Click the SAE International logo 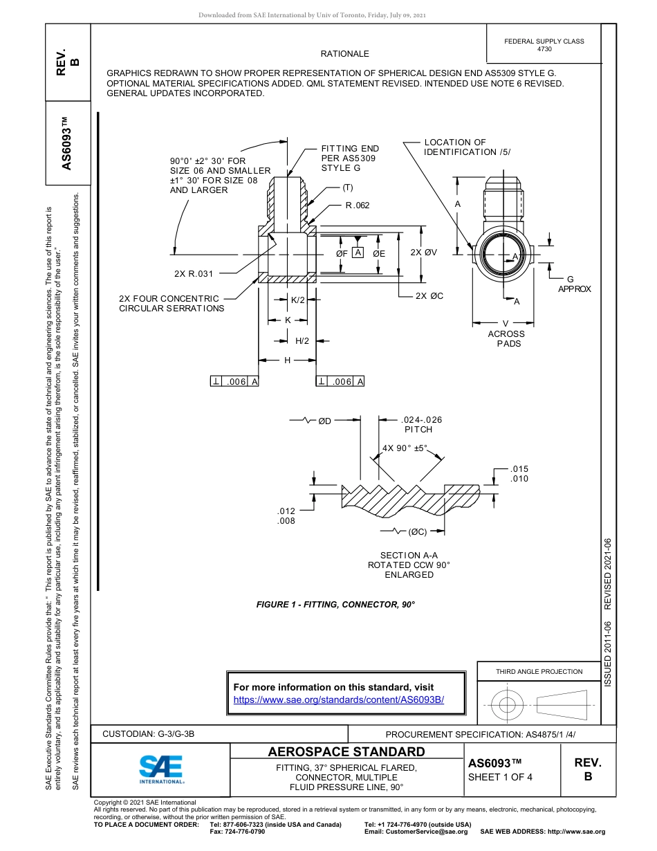(161, 768)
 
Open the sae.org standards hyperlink (339, 699)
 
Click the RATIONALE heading (344, 54)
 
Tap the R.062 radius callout (358, 205)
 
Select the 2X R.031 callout (194, 274)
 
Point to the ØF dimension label (342, 254)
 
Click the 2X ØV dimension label (423, 253)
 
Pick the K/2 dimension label (297, 300)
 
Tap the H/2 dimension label (302, 341)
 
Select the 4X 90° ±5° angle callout (405, 448)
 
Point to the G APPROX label (574, 284)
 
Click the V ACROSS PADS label (506, 333)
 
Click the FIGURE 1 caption (335, 605)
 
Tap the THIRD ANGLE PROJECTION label (539, 671)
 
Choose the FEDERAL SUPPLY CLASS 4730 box (544, 45)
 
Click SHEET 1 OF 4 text (500, 777)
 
